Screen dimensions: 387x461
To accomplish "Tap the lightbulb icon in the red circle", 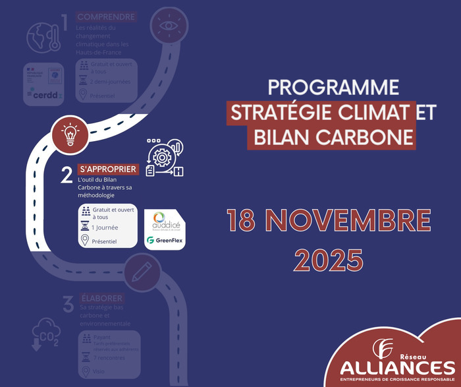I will [x=70, y=133].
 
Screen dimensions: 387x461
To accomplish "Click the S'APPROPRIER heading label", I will [x=107, y=169].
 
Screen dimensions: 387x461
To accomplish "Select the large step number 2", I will [x=67, y=175].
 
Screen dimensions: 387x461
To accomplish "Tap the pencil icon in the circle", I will [x=141, y=271].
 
